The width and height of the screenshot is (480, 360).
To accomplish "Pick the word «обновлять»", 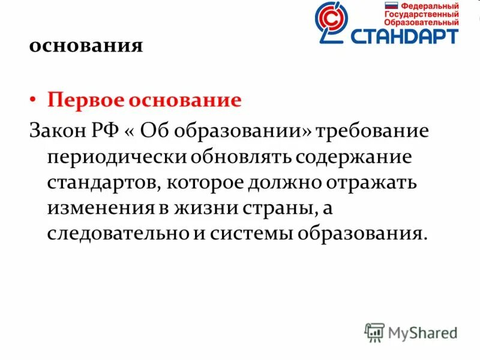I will (x=240, y=157).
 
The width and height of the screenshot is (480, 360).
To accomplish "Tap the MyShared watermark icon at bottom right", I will (x=374, y=332).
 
